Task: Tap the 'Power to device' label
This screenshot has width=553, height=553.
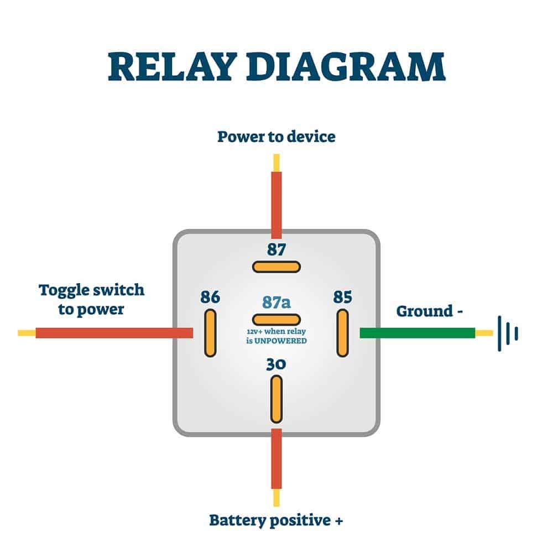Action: tap(276, 136)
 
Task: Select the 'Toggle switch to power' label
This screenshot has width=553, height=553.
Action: tap(91, 299)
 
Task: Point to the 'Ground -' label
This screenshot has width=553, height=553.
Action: tap(430, 311)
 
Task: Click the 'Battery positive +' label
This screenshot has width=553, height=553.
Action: tap(276, 520)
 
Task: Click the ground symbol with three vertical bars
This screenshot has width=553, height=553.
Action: tap(508, 333)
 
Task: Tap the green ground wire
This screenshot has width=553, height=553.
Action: tap(417, 333)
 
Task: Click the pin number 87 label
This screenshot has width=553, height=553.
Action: tap(276, 249)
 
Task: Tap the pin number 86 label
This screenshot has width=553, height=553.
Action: tap(210, 298)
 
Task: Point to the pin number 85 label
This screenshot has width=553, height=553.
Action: tap(343, 298)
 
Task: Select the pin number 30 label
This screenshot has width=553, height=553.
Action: tap(276, 366)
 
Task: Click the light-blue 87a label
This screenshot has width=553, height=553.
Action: tap(276, 302)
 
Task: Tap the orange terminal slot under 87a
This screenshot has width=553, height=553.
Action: tap(276, 319)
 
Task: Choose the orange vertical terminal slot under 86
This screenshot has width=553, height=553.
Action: tap(210, 333)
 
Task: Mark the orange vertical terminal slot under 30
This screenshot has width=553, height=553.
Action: tap(276, 399)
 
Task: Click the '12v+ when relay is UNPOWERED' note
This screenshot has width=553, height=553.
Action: tap(276, 336)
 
